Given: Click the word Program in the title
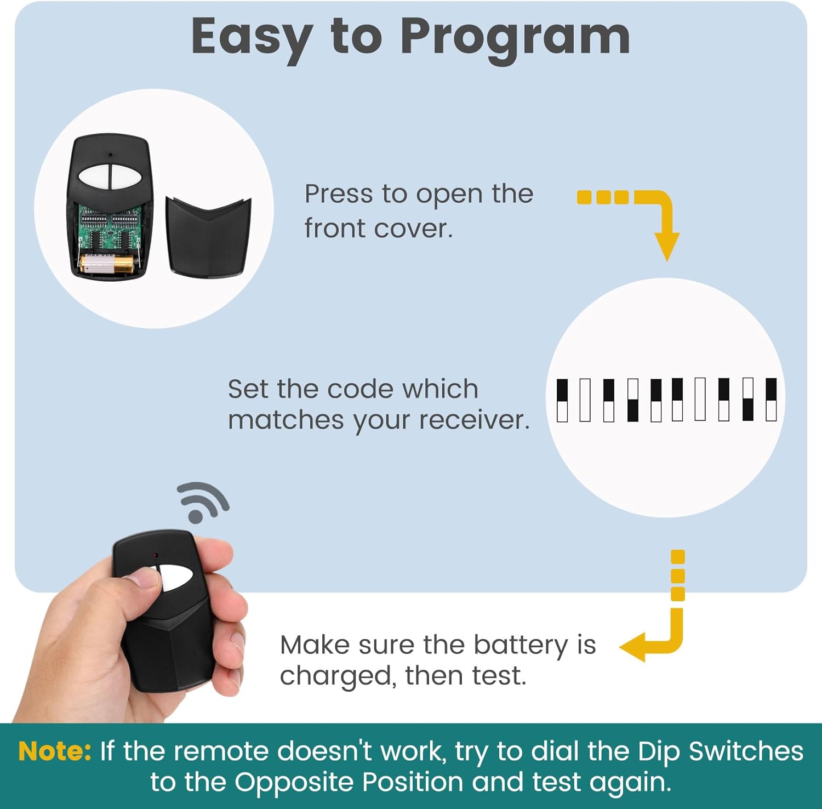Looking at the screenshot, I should tap(515, 37).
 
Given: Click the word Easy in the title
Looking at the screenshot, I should tap(251, 37).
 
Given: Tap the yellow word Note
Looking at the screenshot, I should tap(55, 751).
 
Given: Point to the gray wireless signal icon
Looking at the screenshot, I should tap(202, 502).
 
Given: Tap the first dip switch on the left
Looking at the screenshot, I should tap(562, 400).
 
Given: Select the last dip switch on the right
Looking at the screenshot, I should tap(771, 400).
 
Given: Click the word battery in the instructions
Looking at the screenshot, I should tap(520, 645).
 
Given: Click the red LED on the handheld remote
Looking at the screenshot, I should tap(157, 556).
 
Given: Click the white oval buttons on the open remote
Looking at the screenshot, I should tap(110, 175).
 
